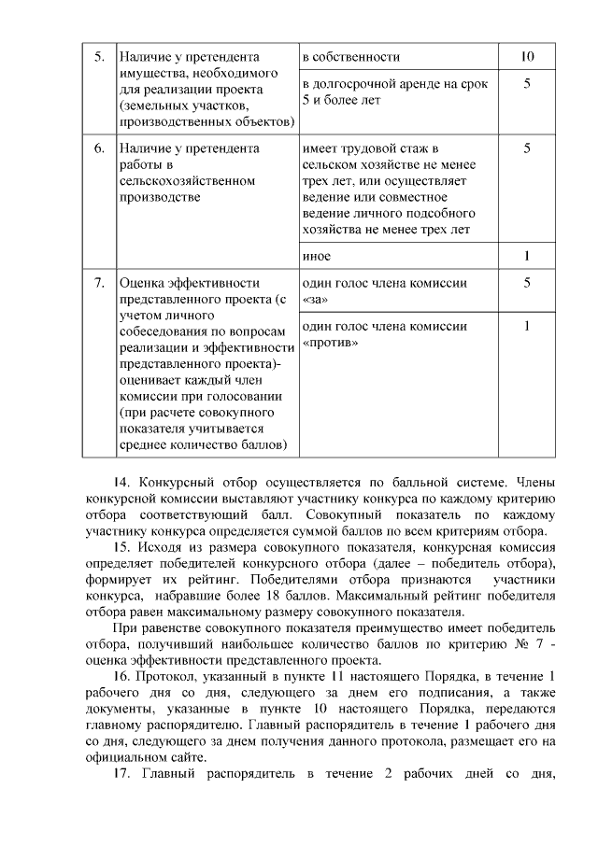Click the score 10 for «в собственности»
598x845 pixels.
pyautogui.click(x=527, y=57)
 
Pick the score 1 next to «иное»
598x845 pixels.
pyautogui.click(x=527, y=255)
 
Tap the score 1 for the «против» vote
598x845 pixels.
pyautogui.click(x=527, y=326)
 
